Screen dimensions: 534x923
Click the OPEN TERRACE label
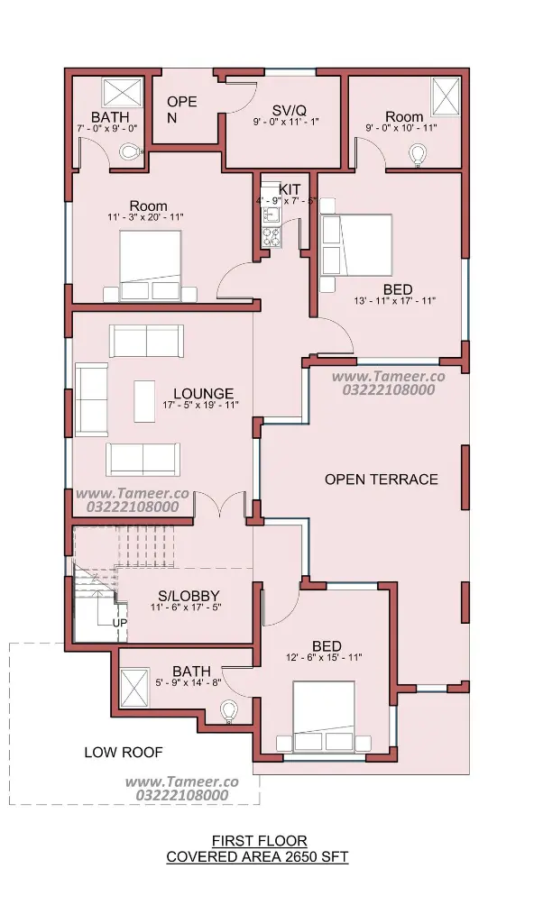pos(382,480)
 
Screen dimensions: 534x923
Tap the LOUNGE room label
pos(203,393)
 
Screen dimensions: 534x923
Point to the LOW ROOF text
pos(124,752)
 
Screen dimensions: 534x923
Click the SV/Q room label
pos(288,110)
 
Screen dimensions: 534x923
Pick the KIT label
pos(290,189)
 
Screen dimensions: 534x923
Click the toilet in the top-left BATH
pos(132,152)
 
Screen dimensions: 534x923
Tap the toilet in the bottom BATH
pos(228,711)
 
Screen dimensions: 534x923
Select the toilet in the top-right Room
pos(419,154)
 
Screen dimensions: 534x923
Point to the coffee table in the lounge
pos(144,401)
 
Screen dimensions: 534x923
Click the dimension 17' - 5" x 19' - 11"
pos(200,405)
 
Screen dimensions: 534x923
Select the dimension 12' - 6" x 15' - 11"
pos(324,657)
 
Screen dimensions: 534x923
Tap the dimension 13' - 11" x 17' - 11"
pos(394,301)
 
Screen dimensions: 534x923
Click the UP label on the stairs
pos(120,622)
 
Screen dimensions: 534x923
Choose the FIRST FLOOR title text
pos(260,841)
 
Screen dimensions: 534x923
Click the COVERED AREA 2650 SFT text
pos(258,856)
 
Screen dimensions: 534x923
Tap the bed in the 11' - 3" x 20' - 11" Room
pos(151,266)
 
